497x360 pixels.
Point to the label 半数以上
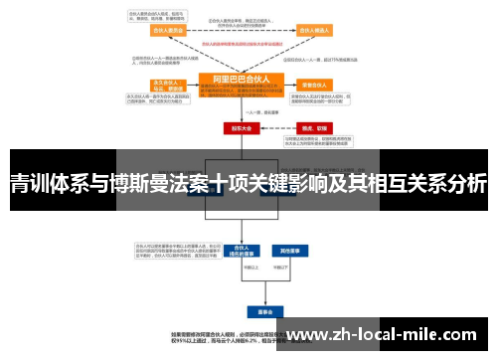coord(235,268)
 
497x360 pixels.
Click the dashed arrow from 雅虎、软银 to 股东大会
coord(278,128)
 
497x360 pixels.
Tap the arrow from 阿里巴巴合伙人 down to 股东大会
coord(241,111)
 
